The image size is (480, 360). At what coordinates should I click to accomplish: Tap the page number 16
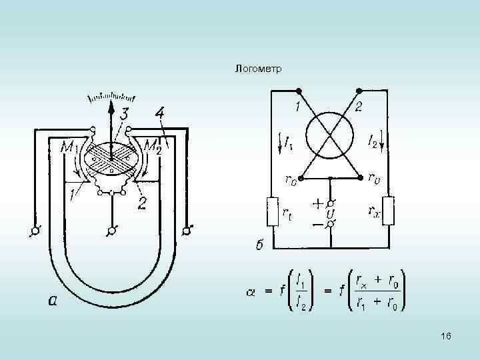tap(446, 337)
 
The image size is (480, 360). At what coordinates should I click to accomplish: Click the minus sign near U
tap(317, 225)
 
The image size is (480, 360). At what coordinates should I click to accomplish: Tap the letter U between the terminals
tap(330, 213)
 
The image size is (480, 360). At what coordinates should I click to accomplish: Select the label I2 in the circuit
tap(373, 142)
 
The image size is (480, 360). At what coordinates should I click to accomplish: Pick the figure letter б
tap(261, 246)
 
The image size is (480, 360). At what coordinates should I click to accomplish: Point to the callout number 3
tap(124, 116)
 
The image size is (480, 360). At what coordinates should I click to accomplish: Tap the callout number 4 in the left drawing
tap(159, 111)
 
